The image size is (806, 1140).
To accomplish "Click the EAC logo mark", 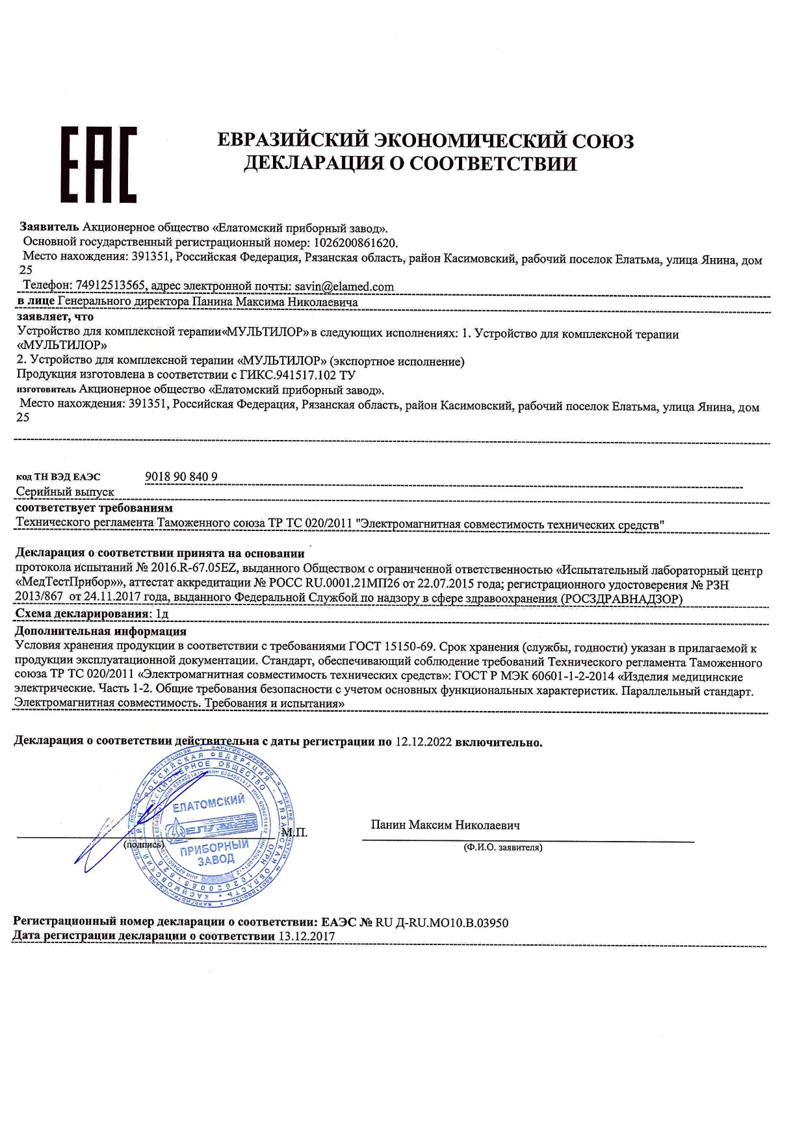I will click(99, 164).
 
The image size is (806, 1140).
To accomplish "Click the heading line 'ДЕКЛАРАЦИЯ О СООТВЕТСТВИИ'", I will click(410, 163).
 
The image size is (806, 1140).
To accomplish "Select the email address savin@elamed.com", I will click(344, 287).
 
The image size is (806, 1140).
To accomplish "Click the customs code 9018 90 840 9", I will click(181, 476).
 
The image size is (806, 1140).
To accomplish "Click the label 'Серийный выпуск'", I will click(65, 492).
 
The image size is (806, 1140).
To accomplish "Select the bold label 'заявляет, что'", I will click(55, 317).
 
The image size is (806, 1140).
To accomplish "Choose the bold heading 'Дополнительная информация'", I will click(101, 631).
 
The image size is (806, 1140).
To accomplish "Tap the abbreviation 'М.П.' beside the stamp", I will click(294, 833).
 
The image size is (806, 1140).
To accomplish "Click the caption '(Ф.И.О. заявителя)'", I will click(502, 848).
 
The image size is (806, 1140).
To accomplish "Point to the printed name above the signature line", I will click(445, 825).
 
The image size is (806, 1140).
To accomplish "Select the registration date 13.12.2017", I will click(306, 937).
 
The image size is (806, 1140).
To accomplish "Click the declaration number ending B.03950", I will click(441, 922).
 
